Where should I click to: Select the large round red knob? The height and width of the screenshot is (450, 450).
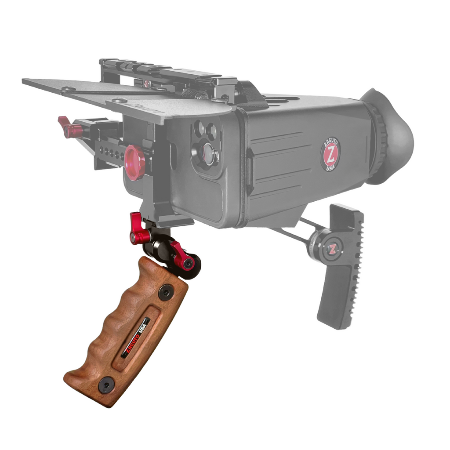pos(135,163)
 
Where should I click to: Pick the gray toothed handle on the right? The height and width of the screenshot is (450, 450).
pos(340,265)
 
